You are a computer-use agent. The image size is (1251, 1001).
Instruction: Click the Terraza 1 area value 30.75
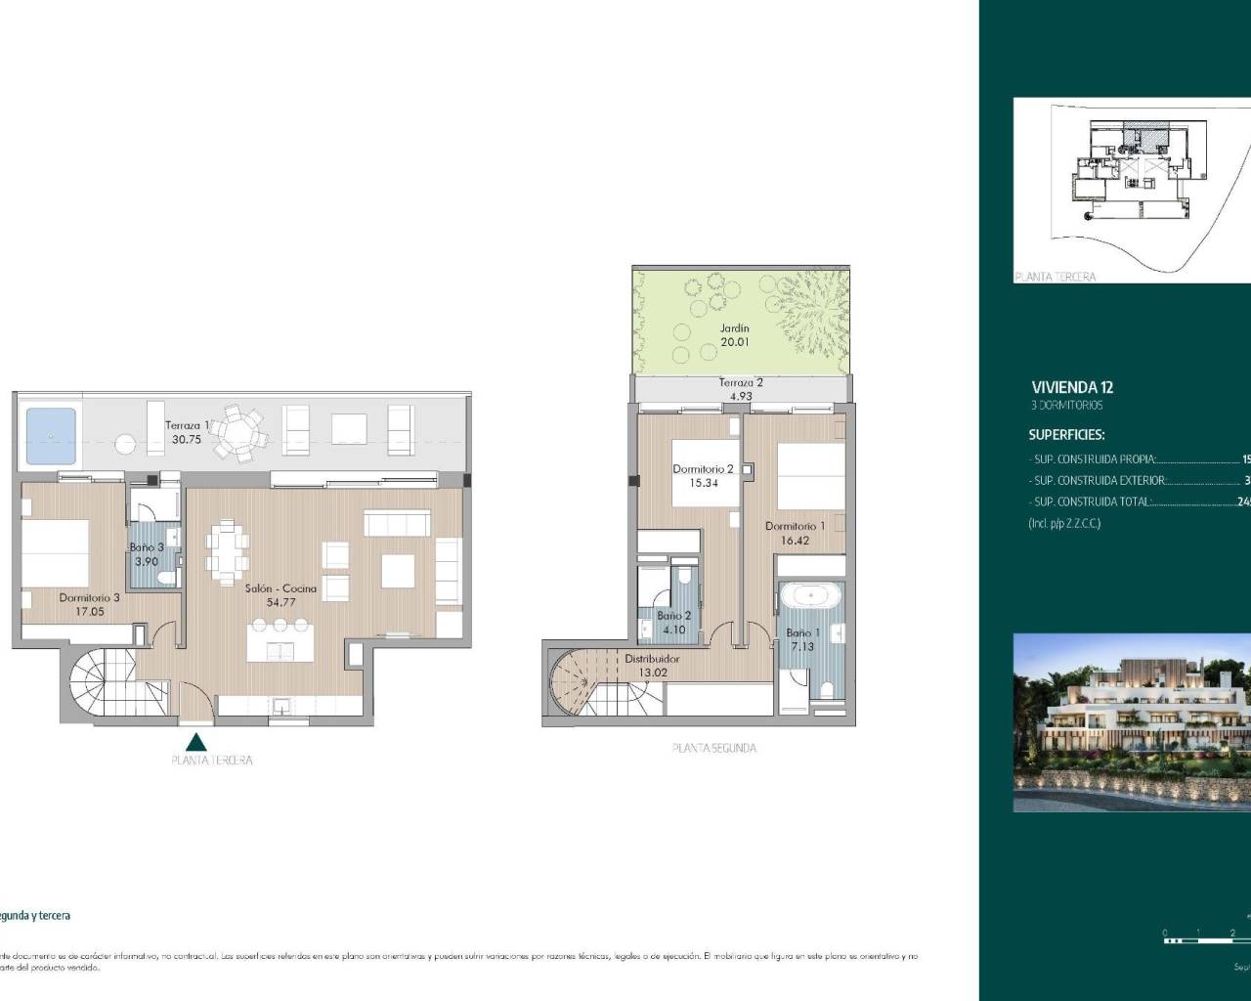click(x=182, y=440)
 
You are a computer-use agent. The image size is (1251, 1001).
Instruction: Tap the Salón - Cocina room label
click(x=280, y=588)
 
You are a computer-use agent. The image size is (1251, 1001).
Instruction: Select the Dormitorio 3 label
click(x=89, y=597)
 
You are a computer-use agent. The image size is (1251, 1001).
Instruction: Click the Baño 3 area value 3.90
click(x=147, y=562)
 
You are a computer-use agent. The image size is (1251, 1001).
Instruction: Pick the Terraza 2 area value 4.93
click(x=740, y=396)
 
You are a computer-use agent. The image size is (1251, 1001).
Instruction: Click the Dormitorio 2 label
click(x=703, y=469)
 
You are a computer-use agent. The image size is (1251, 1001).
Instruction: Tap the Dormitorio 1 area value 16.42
click(x=795, y=539)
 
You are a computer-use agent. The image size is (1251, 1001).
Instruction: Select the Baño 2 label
click(x=673, y=616)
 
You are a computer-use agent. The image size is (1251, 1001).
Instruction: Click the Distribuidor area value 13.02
click(x=651, y=672)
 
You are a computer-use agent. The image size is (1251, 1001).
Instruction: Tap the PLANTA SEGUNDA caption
click(x=713, y=748)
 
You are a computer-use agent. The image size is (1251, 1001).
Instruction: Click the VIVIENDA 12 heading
click(x=1072, y=387)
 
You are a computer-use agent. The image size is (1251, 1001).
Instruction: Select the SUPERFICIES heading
click(x=1066, y=435)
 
